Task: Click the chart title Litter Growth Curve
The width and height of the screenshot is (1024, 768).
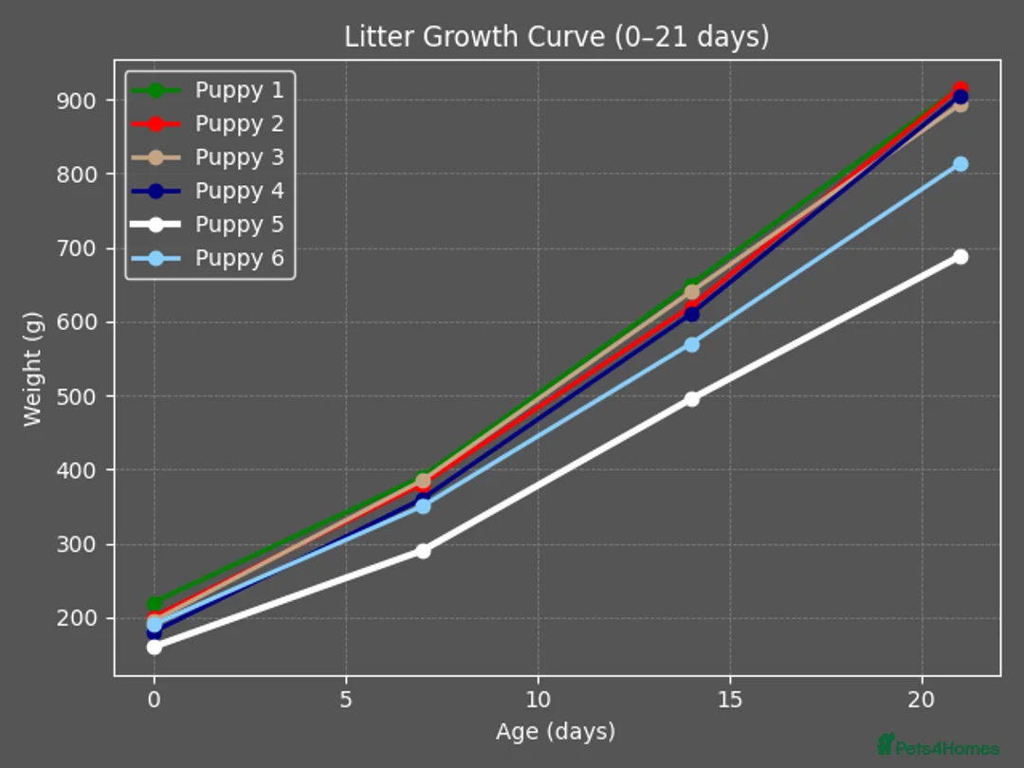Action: pyautogui.click(x=557, y=37)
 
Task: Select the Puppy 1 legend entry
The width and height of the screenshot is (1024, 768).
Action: pyautogui.click(x=239, y=90)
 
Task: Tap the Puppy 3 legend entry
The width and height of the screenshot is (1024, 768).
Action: pyautogui.click(x=239, y=157)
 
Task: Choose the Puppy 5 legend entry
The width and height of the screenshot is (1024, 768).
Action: pyautogui.click(x=239, y=225)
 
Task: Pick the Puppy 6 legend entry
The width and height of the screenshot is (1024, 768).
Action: pyautogui.click(x=239, y=259)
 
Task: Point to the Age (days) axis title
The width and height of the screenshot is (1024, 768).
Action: pyautogui.click(x=556, y=732)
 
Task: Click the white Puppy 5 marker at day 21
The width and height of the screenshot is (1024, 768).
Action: pyautogui.click(x=960, y=257)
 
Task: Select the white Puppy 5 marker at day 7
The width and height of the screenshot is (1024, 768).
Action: pyautogui.click(x=423, y=551)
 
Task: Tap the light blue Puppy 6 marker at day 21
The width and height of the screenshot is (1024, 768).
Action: pyautogui.click(x=960, y=164)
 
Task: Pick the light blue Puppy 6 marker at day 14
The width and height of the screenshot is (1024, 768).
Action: pyautogui.click(x=692, y=344)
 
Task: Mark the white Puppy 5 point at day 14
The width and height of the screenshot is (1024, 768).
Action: pyautogui.click(x=692, y=399)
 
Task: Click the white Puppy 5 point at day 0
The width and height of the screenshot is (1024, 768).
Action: pyautogui.click(x=155, y=647)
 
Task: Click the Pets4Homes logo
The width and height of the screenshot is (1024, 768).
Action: pyautogui.click(x=938, y=746)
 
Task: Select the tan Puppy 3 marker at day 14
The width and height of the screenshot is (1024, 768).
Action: pyautogui.click(x=692, y=292)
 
